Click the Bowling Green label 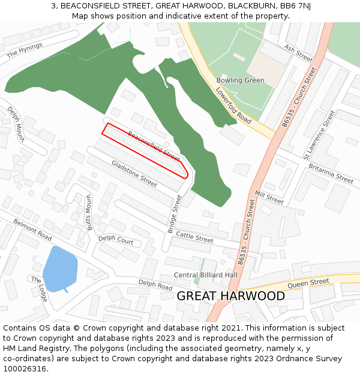[240, 80]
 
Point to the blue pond [60, 268]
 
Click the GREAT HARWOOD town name [230, 296]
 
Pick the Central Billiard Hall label [205, 275]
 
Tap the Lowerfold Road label [233, 106]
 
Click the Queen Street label [308, 282]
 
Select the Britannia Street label [328, 174]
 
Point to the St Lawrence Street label [319, 134]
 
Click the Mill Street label [269, 197]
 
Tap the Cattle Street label [194, 238]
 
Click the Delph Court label [116, 239]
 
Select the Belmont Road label [32, 229]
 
